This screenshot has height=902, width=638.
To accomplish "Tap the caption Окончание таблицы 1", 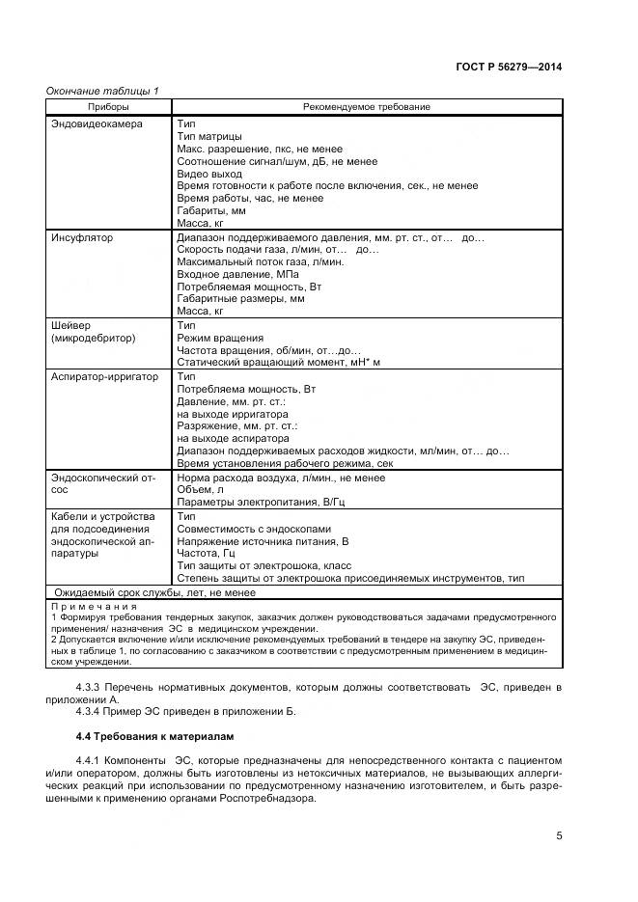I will point(102,91).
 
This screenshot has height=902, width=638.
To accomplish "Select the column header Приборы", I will point(109,106).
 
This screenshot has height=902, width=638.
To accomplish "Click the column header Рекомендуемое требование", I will point(367,106).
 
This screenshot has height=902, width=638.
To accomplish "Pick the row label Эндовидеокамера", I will point(97,124).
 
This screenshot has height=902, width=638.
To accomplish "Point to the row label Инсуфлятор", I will point(82,237).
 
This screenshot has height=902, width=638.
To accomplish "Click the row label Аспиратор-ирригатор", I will point(104,376).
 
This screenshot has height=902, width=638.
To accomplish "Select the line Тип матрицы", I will point(209,137).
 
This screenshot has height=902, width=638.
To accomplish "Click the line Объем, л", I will point(201,489).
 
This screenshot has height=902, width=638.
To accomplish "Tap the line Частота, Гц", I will point(207,554).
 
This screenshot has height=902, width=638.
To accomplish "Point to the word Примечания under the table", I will point(97,605).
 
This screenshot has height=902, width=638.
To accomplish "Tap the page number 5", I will point(559,835).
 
